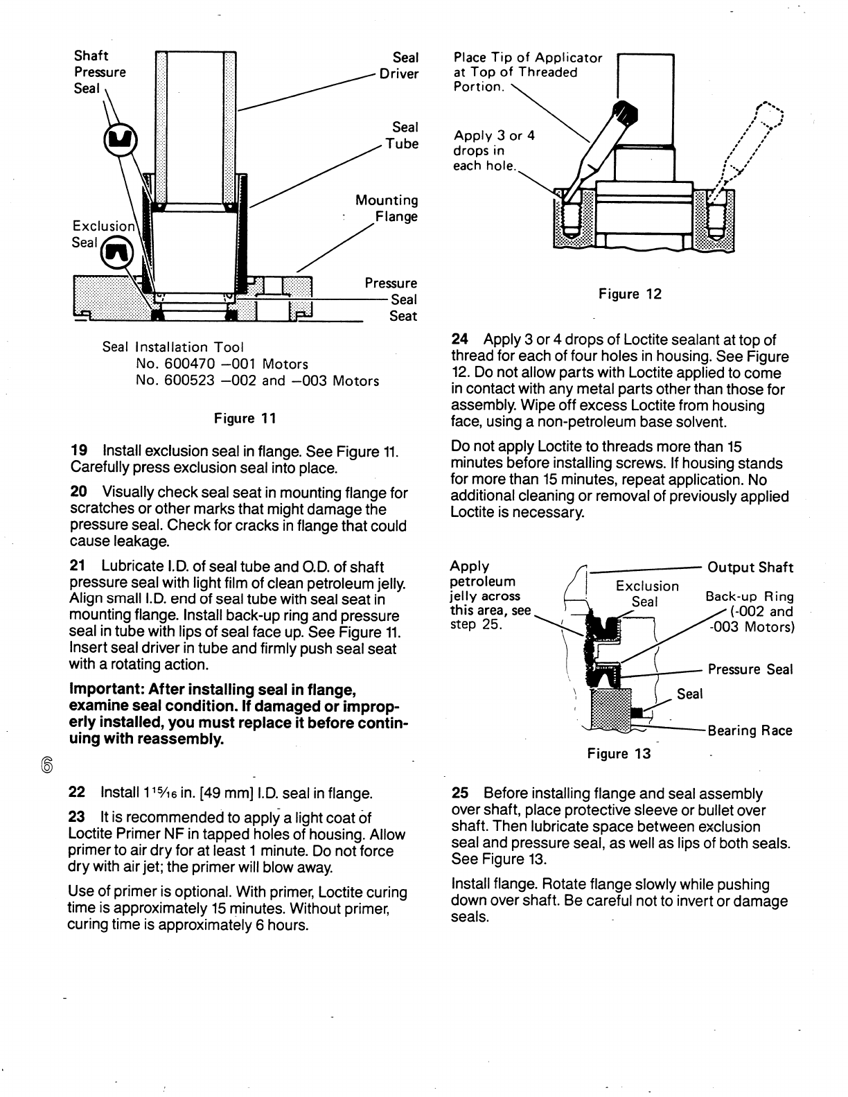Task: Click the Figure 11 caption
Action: [245, 418]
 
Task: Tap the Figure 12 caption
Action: [630, 294]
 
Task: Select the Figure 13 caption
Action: [619, 754]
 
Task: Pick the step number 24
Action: [459, 340]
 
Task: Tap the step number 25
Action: [459, 793]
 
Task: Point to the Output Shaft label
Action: [750, 568]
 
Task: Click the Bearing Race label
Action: [749, 730]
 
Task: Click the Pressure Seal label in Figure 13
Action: [750, 669]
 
